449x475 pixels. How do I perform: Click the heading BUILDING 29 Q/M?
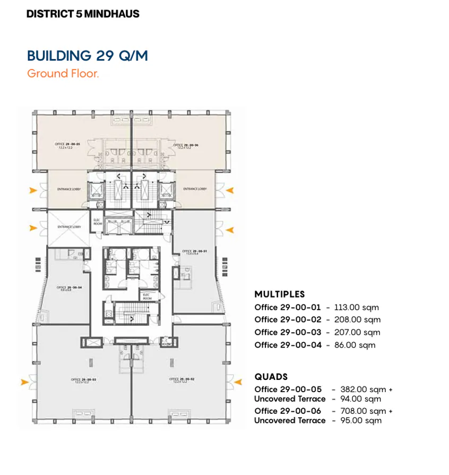pos(87,56)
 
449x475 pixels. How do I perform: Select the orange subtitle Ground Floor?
pos(63,73)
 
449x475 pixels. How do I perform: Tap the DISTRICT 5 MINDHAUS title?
pos(83,14)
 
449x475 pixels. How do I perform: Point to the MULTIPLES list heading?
pos(279,294)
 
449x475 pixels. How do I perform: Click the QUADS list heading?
pos(271,377)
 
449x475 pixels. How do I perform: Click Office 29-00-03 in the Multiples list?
pos(288,333)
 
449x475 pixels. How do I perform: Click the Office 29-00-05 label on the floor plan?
pos(67,145)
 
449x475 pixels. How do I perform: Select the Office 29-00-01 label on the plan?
pos(189,251)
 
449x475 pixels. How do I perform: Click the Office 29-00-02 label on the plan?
pos(178,379)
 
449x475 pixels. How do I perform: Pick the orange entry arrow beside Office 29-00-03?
pos(24,381)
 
